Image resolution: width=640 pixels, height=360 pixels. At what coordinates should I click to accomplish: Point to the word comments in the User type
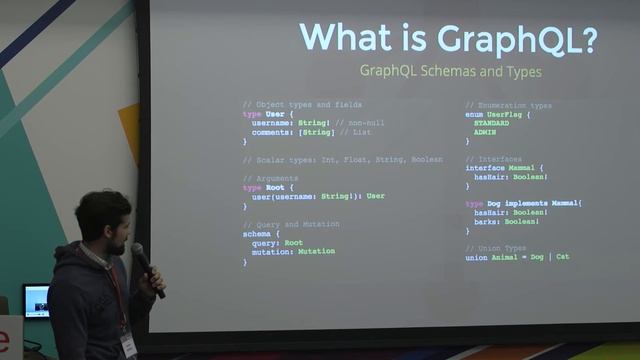pos(271,132)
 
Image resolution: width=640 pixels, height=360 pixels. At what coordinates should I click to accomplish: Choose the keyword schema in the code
pos(255,233)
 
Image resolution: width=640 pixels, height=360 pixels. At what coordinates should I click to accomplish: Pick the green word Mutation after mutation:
pos(316,252)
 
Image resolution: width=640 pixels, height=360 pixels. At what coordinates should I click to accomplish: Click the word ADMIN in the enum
pos(486,132)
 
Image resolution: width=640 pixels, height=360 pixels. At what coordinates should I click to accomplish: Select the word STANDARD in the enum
pos(491,123)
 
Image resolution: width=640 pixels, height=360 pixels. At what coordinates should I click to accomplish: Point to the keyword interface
pos(485,168)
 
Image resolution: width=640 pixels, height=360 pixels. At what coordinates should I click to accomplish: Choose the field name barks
pos(490,222)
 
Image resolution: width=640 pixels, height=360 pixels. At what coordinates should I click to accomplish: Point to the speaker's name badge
pos(128,343)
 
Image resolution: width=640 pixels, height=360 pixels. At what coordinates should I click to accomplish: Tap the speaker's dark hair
pos(100,209)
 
